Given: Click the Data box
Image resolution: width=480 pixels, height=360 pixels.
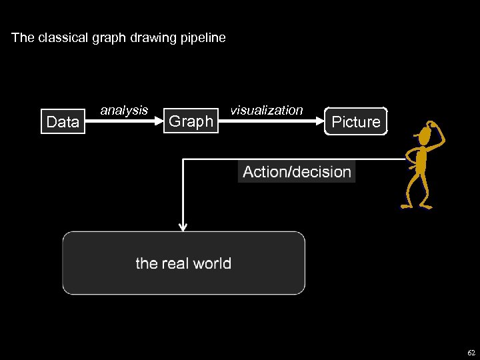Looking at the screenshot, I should point(63,121).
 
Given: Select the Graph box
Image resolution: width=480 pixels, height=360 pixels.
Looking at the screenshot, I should point(191,121).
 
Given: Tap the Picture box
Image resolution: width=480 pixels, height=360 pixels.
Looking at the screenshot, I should point(355,121).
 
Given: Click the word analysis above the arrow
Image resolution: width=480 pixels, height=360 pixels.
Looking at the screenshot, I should point(124,110).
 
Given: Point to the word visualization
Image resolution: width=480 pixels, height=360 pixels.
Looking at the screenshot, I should point(266,110).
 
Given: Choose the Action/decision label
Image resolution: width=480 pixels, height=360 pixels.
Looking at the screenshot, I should point(297,171).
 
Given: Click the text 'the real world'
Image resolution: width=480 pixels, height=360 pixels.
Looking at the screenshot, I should point(183,263).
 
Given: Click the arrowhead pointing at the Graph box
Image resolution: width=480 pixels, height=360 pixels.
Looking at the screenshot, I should point(159,121).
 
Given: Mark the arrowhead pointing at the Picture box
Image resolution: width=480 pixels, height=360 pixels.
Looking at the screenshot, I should point(321,121).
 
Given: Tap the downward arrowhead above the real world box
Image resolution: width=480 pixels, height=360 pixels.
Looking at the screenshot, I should point(183,227).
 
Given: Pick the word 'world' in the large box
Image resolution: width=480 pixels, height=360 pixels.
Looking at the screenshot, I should point(212,263).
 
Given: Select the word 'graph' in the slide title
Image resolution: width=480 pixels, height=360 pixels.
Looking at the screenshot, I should point(109,38).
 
